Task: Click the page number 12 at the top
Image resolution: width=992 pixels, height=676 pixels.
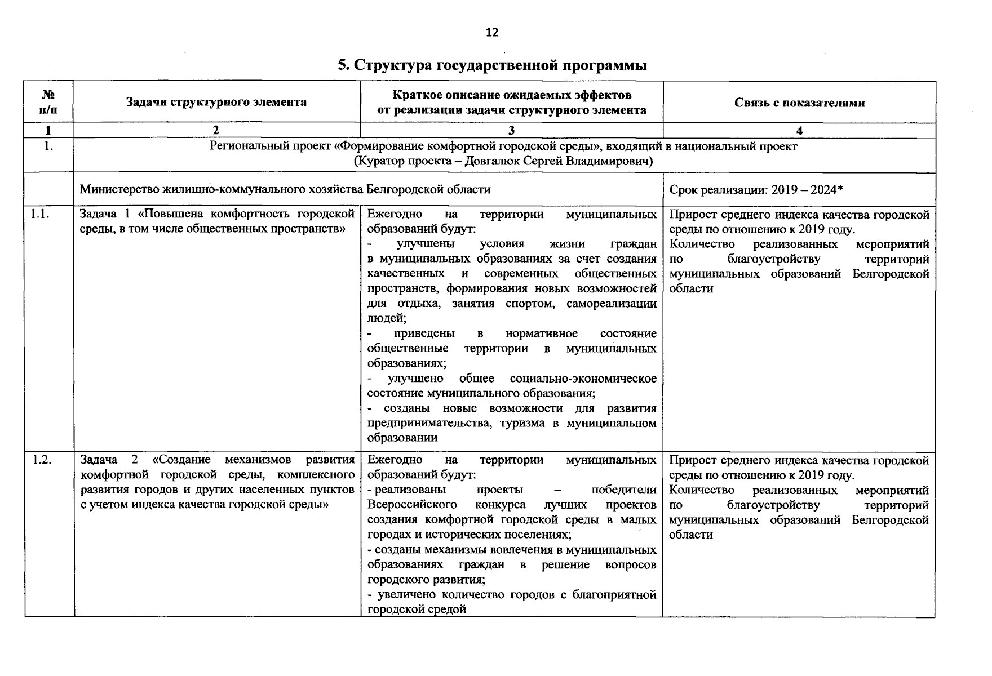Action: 491,33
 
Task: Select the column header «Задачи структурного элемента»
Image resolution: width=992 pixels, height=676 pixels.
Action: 216,102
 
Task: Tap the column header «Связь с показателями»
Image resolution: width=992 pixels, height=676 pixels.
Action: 799,103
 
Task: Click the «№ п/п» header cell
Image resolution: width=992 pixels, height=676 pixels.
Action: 48,102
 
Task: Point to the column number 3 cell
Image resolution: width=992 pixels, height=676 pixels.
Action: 511,131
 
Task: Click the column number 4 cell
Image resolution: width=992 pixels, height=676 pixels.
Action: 799,131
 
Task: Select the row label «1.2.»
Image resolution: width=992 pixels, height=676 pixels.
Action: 42,460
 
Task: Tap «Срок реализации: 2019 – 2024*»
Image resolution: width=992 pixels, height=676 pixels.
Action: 756,190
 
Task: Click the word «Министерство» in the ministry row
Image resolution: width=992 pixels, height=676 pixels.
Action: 116,189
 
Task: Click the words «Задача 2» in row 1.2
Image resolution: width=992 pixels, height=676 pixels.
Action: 109,460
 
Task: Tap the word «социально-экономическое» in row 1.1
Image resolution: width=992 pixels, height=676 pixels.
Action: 583,379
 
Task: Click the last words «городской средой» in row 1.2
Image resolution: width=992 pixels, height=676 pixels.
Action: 417,610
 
